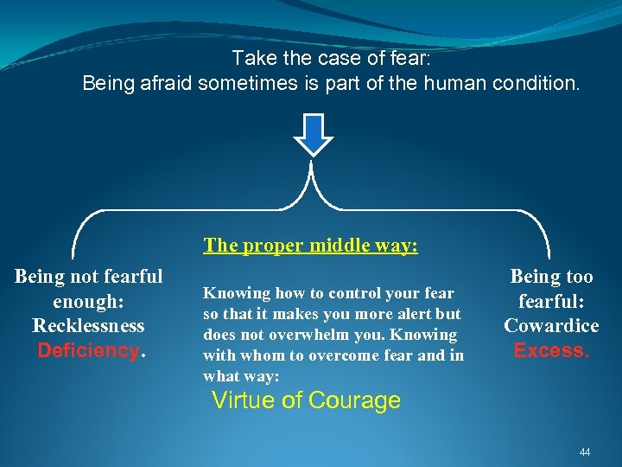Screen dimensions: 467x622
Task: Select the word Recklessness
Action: (x=88, y=326)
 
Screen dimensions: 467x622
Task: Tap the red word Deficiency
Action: (x=88, y=350)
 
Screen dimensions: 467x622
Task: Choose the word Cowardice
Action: (x=551, y=326)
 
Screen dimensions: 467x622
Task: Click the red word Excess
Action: (x=549, y=350)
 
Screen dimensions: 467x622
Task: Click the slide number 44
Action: (x=585, y=452)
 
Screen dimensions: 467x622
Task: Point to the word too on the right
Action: (x=578, y=277)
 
